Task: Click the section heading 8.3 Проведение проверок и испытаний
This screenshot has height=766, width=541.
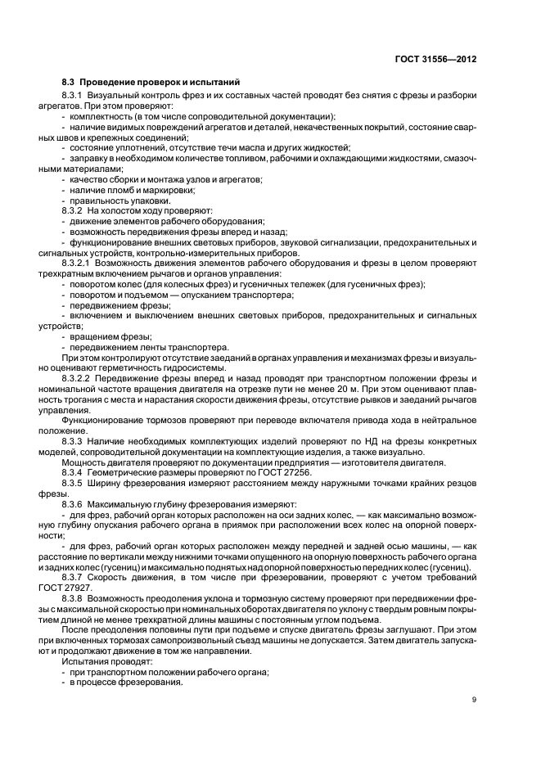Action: point(151,83)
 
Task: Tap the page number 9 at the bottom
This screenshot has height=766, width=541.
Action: point(475,698)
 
